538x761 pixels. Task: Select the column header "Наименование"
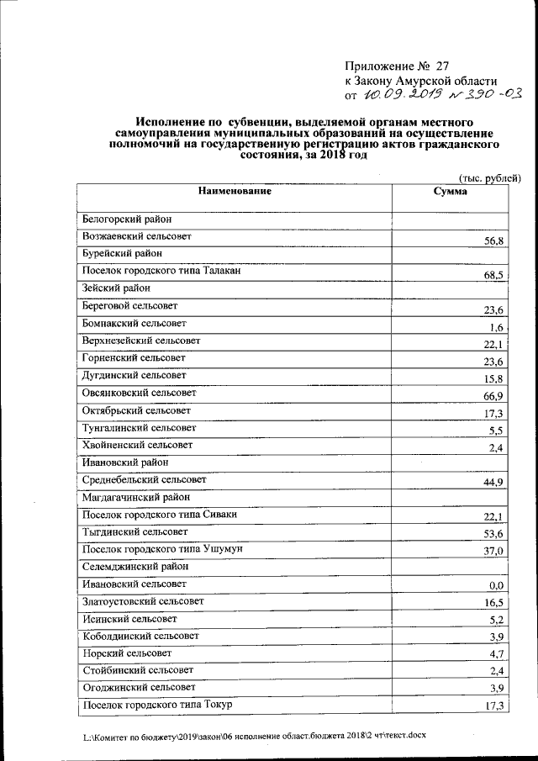click(x=235, y=192)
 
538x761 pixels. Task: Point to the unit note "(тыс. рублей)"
click(x=490, y=177)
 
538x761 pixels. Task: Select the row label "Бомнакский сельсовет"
click(x=134, y=323)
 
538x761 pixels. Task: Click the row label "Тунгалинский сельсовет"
click(x=139, y=427)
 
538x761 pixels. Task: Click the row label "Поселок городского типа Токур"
click(x=156, y=704)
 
